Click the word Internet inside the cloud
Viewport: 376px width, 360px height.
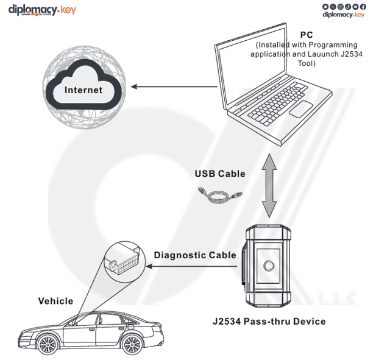click(83, 90)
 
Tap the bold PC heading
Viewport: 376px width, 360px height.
click(307, 35)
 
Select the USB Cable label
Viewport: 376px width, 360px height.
click(220, 174)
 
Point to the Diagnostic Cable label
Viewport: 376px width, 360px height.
click(194, 255)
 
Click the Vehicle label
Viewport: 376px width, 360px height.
click(55, 301)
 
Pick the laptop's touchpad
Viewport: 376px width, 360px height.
click(300, 110)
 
